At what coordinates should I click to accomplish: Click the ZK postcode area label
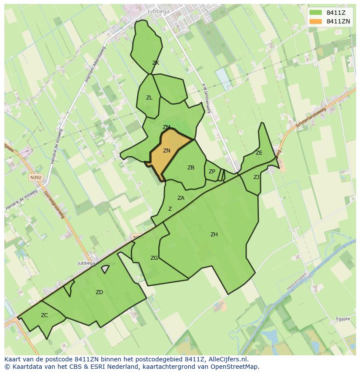[x=156, y=63]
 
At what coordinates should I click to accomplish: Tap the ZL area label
[x=149, y=98]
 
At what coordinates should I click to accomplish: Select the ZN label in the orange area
[x=167, y=151]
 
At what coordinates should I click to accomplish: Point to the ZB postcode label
[x=191, y=168]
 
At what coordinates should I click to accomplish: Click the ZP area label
[x=212, y=172]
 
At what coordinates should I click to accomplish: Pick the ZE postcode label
[x=259, y=153]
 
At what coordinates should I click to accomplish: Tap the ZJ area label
[x=257, y=177]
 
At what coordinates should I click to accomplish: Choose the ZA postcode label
[x=181, y=198]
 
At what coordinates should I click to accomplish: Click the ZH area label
[x=214, y=235]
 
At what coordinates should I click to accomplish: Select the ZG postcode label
[x=154, y=258]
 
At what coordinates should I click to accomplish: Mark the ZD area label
[x=99, y=292]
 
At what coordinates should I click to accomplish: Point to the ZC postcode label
[x=44, y=315]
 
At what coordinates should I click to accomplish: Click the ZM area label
[x=167, y=127]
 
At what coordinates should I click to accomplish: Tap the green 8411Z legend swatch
[x=316, y=13]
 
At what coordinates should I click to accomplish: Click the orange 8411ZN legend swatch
[x=316, y=21]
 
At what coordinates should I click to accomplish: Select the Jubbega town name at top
[x=158, y=11]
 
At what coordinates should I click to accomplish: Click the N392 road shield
[x=36, y=178]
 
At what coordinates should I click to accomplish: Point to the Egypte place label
[x=343, y=319]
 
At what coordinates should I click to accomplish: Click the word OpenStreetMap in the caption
[x=234, y=367]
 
